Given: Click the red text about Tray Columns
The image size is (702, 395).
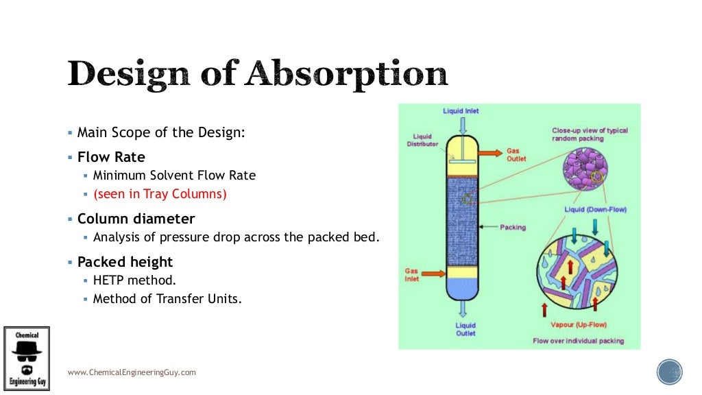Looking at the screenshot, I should click(160, 194).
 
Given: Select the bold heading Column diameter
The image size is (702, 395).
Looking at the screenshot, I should click(136, 219).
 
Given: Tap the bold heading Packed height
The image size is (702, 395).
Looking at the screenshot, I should click(125, 262).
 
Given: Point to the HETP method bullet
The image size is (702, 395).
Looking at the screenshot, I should click(134, 280).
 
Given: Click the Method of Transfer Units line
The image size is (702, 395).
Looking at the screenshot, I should click(167, 298).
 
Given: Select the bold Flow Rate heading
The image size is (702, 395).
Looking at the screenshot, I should click(111, 157).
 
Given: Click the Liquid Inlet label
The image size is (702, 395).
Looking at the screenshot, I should click(461, 111).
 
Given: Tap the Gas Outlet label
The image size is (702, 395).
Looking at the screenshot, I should click(516, 154).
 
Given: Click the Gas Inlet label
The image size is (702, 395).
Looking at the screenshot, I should click(411, 275).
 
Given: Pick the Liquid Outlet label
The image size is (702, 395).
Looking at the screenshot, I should click(465, 330).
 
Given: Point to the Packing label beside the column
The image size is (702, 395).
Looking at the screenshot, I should click(513, 227).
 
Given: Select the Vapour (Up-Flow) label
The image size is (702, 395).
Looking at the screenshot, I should click(579, 324).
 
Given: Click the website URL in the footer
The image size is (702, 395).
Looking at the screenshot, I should click(132, 372).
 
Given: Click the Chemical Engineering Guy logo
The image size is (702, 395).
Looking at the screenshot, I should click(27, 359).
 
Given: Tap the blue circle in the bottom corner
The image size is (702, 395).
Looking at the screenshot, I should click(669, 372).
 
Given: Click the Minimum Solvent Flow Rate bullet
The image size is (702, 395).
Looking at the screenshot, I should click(174, 176).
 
